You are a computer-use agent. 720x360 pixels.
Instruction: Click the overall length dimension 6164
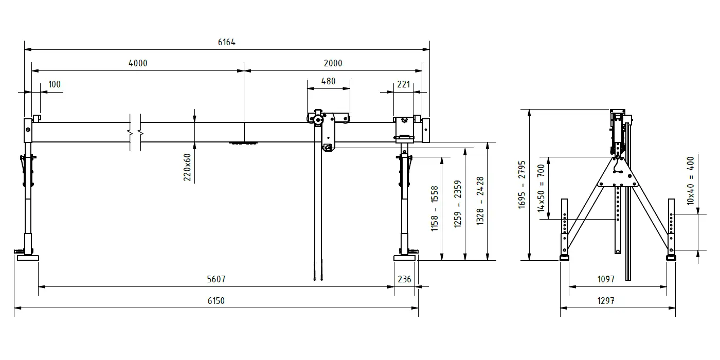(x=227, y=42)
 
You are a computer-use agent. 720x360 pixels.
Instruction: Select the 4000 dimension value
(x=138, y=63)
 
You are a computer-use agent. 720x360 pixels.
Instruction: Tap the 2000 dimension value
(x=333, y=63)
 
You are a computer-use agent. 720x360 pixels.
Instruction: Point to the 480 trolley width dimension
(x=328, y=81)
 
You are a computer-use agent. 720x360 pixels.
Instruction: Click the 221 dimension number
(x=403, y=84)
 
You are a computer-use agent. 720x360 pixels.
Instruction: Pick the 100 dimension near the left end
(x=55, y=84)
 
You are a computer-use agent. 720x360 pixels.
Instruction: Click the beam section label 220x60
(x=187, y=167)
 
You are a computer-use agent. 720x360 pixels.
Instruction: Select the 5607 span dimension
(x=216, y=279)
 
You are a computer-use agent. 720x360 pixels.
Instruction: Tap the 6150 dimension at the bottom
(x=216, y=300)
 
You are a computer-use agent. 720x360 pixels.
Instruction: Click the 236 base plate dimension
(x=404, y=279)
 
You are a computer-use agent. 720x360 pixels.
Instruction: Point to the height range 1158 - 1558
(x=435, y=209)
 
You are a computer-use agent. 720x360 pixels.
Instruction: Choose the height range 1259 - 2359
(x=457, y=204)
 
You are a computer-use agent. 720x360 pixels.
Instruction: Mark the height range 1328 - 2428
(x=480, y=201)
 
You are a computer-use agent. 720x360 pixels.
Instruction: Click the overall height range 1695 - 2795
(x=521, y=185)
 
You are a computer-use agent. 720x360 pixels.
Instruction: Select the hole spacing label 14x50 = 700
(x=541, y=188)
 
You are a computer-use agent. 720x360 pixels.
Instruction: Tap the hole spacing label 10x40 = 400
(x=690, y=181)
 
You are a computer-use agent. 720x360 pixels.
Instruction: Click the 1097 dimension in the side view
(x=606, y=279)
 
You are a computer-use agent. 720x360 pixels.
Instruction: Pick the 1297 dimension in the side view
(x=606, y=300)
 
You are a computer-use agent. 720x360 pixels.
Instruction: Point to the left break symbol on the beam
(x=130, y=132)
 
